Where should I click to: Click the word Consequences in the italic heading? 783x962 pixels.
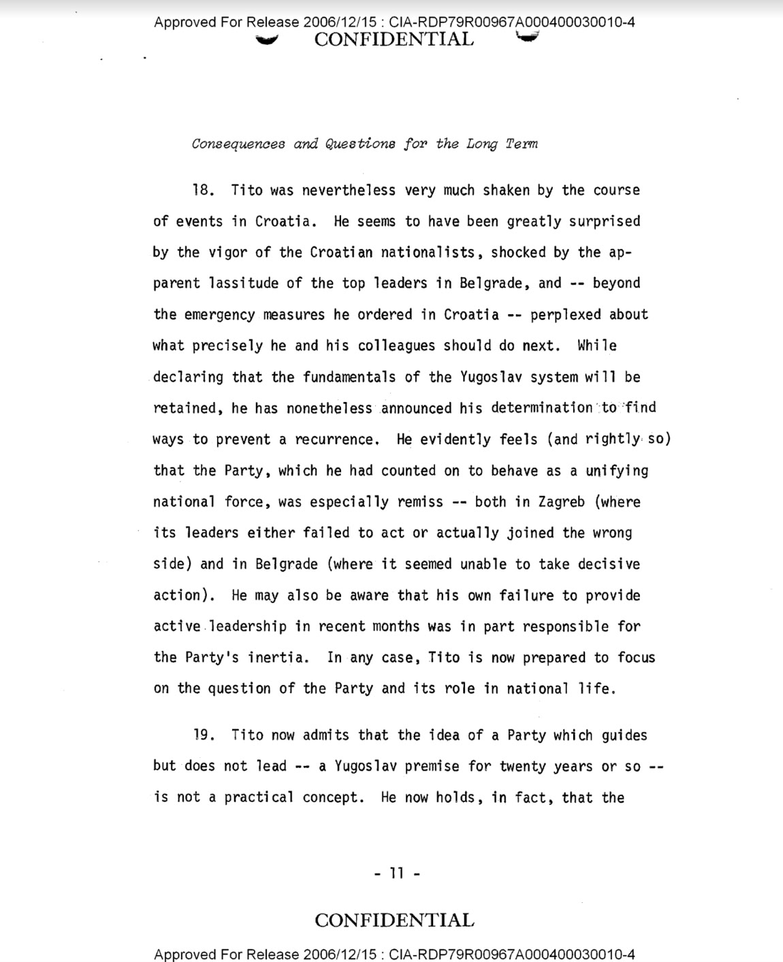tap(238, 144)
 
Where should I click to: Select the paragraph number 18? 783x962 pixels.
tap(203, 190)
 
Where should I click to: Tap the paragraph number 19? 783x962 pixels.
tap(203, 735)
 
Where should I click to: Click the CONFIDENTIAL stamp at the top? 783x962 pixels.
tap(394, 39)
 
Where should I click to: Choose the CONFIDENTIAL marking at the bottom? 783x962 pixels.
tap(394, 920)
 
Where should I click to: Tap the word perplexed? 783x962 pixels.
tap(566, 314)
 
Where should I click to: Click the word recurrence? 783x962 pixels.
tap(336, 439)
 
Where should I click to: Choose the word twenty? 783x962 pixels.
tap(522, 766)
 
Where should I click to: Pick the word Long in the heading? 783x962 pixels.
tap(482, 144)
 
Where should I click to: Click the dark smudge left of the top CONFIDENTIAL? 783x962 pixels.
tap(266, 40)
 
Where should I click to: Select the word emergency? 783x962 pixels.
tap(219, 314)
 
